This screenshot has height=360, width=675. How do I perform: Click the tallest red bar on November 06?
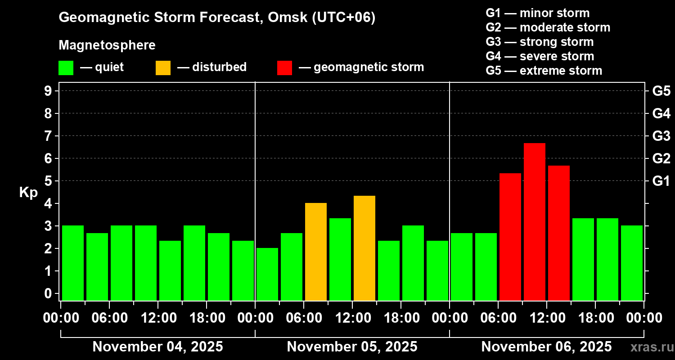coord(535,221)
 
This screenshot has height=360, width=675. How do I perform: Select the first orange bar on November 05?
coord(316,252)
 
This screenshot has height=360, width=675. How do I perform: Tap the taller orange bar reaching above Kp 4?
coord(364,248)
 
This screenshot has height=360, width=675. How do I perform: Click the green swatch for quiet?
coord(66,67)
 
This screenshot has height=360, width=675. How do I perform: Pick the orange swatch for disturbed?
coord(163,67)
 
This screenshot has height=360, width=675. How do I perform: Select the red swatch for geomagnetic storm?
coord(284,67)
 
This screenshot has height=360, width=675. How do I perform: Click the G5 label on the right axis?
coord(661,91)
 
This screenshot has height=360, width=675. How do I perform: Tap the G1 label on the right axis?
coord(661,181)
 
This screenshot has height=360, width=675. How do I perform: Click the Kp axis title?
coord(28,192)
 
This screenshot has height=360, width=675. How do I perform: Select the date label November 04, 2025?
coord(157,347)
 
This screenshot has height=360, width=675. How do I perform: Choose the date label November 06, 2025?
coord(546,347)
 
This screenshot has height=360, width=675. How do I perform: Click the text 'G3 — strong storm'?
coord(540,42)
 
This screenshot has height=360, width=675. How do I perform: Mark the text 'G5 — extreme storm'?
coord(544,71)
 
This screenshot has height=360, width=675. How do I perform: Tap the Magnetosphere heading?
coord(107,45)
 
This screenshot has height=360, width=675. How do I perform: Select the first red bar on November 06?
coord(510,237)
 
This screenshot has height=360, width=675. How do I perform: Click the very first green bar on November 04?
coord(73,263)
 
